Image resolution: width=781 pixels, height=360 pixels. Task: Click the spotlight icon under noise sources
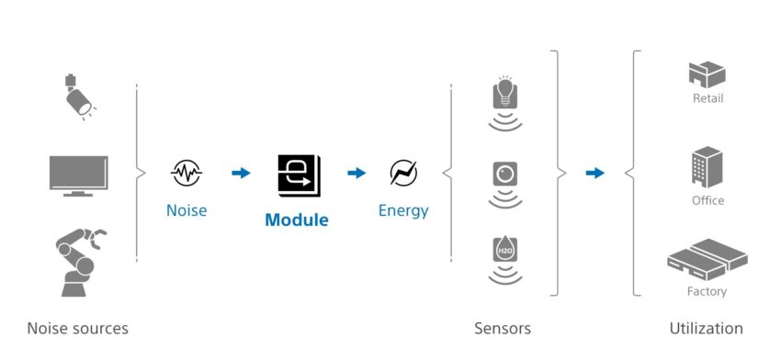pos(77,97)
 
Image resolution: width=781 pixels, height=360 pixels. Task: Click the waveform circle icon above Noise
pos(187,173)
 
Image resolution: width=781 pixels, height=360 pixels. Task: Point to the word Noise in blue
pos(187,210)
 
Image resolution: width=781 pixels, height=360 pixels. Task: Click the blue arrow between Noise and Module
pos(241,173)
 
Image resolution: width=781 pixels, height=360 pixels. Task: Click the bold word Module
pos(296,220)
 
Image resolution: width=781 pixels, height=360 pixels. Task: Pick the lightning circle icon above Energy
pos(403,173)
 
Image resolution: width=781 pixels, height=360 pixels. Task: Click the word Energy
pos(403,210)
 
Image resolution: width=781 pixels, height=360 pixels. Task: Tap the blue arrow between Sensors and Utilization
pos(595,173)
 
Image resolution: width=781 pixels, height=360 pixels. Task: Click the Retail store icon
pos(707,74)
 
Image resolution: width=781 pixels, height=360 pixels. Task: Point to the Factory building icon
pos(707,260)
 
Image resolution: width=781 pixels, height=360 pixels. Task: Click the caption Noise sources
pos(77,328)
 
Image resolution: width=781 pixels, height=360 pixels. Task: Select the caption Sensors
pos(503,328)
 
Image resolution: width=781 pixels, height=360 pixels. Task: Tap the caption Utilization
pos(706,328)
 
